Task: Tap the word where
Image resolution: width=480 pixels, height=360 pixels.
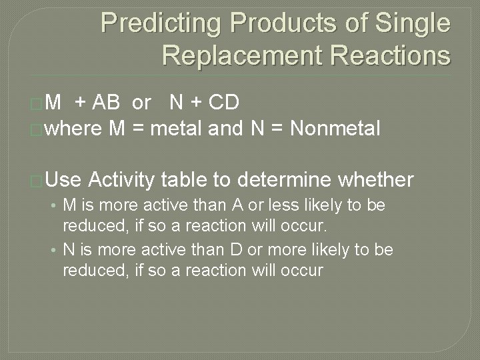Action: [x=74, y=128]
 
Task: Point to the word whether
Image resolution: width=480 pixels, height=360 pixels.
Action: [x=377, y=179]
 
